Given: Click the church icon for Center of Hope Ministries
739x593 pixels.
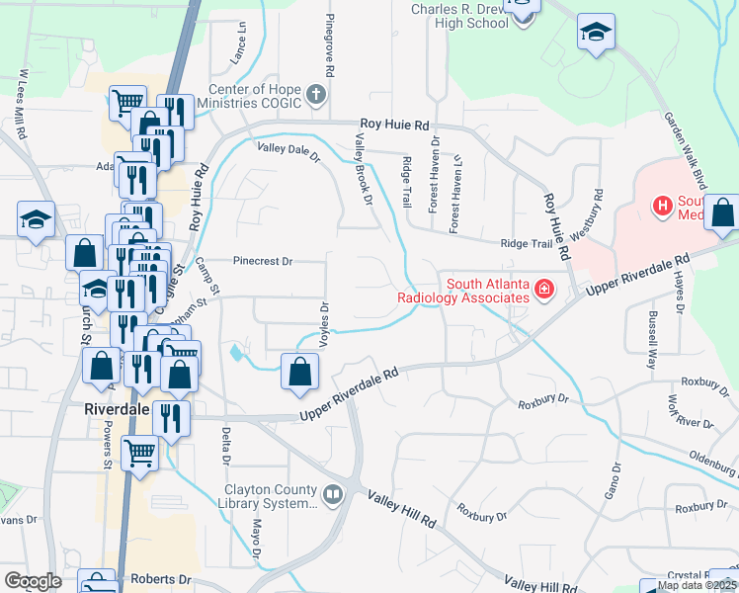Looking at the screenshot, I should point(316,96).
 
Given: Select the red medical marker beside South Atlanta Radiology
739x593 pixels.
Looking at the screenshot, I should point(542,290).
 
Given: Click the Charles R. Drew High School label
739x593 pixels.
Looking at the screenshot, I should point(460,16).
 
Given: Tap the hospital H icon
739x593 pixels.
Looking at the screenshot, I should point(661,207).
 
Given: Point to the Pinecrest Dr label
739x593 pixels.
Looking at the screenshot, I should point(263,262).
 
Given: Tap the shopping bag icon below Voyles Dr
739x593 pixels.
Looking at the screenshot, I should point(299,372).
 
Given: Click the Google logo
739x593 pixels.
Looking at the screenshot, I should point(34,580).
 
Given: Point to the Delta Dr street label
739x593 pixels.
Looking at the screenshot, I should point(226,446).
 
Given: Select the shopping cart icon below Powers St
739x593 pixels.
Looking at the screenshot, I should point(139,454).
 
